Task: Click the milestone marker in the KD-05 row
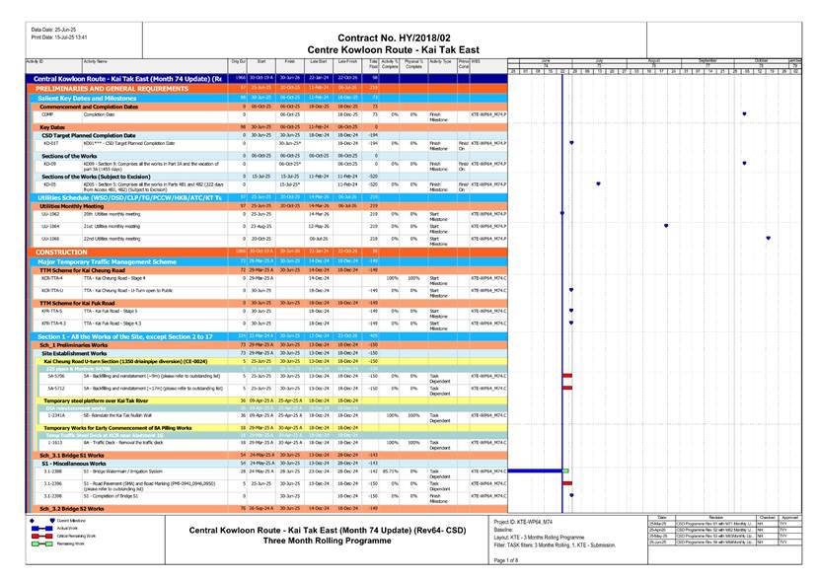(x=600, y=184)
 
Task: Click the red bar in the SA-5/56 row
(x=566, y=376)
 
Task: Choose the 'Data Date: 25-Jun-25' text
(x=51, y=30)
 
